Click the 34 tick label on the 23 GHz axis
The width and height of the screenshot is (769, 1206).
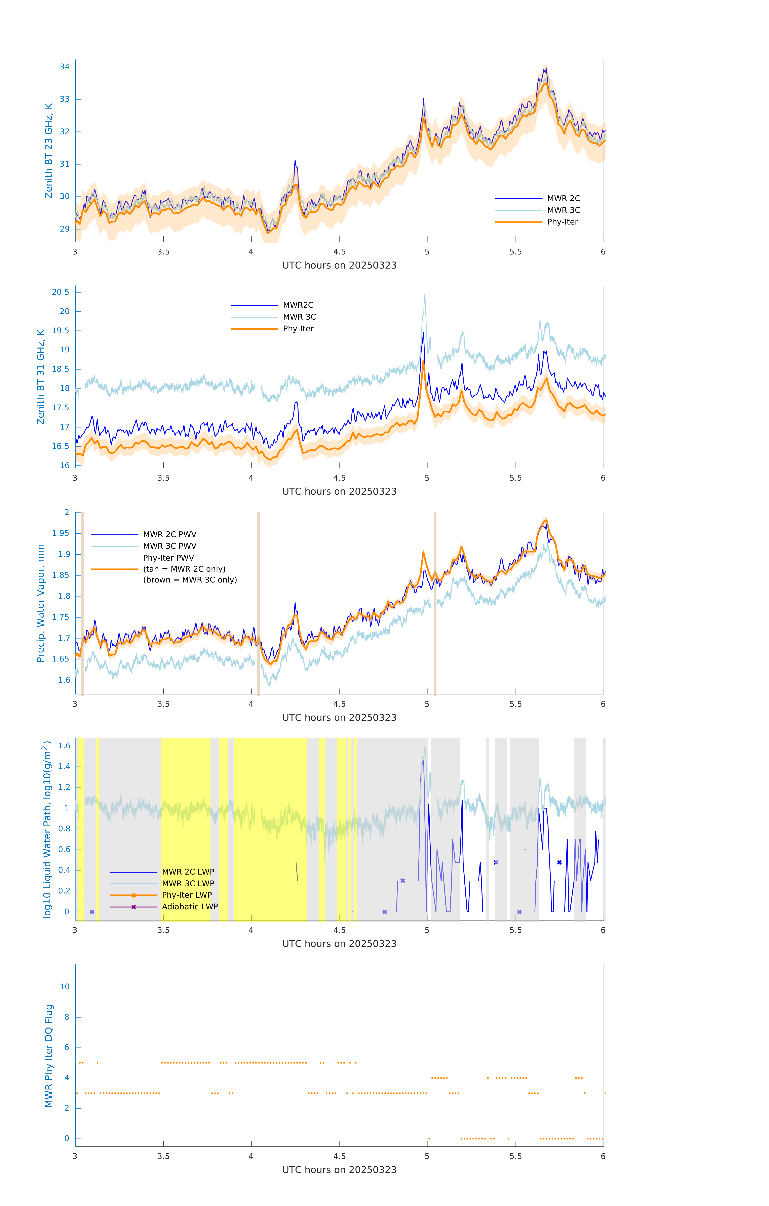click(65, 67)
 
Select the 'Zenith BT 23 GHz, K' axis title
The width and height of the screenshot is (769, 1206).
click(49, 151)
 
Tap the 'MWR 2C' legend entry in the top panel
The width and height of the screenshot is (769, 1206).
click(563, 198)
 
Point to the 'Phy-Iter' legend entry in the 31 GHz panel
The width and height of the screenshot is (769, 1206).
click(298, 329)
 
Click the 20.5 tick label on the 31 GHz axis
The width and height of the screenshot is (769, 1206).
click(61, 292)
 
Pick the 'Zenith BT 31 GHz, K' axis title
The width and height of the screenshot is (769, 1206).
click(41, 377)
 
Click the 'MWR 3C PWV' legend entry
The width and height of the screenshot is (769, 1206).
click(169, 546)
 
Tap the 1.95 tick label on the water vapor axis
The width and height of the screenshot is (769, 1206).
click(61, 533)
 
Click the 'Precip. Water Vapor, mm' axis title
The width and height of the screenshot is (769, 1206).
click(41, 603)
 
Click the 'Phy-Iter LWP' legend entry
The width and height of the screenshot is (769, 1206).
click(186, 895)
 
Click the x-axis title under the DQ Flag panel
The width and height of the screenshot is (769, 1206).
click(339, 1170)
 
